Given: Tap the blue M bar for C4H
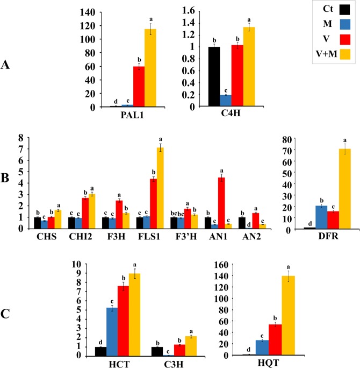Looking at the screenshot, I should tap(226, 101).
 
